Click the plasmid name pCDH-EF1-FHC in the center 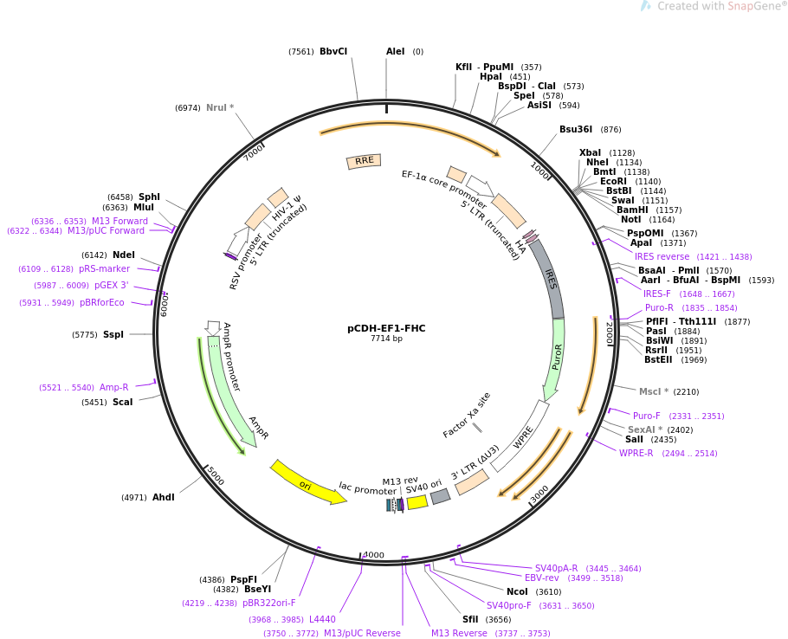[x=386, y=328]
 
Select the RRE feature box [x=364, y=161]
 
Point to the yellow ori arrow [x=307, y=484]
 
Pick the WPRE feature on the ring [x=523, y=438]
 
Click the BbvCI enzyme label [x=333, y=52]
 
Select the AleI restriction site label [x=395, y=52]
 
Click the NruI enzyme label [x=220, y=108]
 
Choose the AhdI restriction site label [x=164, y=498]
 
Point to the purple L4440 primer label [x=322, y=620]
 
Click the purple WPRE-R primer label [x=636, y=454]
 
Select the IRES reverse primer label [x=662, y=257]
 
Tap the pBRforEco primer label [x=102, y=303]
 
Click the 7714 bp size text [x=386, y=339]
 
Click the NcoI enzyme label [x=517, y=592]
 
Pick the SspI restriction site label [x=113, y=335]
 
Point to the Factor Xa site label [x=467, y=415]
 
